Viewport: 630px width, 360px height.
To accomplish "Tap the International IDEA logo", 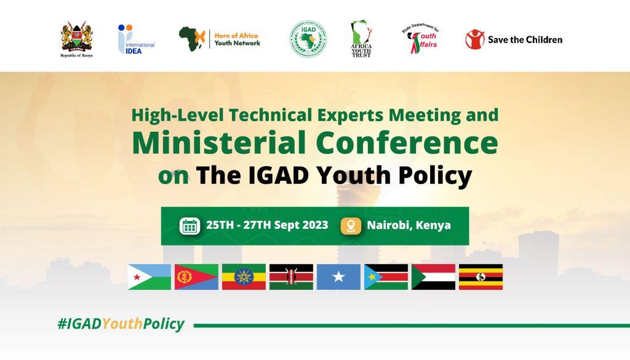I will point(135,39).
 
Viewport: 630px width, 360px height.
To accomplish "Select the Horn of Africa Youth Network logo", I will point(220,39).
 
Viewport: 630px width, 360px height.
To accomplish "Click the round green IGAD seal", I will point(308,39).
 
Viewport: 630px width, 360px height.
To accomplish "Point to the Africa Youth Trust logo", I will point(361,39).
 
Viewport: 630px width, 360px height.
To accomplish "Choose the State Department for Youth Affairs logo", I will point(421,39).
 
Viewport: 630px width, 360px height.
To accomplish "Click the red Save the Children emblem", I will point(474,39).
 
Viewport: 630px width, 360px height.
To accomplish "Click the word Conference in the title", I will point(407,143).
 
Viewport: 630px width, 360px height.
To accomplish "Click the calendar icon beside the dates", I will point(190,226).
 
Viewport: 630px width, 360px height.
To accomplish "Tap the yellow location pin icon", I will point(351,226).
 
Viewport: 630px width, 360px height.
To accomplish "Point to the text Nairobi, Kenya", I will point(409,225).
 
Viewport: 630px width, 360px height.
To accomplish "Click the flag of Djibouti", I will point(149,277).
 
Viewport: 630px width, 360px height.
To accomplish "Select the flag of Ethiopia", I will point(244,277).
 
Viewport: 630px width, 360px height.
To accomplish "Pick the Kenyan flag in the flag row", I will point(291,277).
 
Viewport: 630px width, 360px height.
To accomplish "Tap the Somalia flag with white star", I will point(338,277).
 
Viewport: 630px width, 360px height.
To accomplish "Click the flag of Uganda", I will point(480,277).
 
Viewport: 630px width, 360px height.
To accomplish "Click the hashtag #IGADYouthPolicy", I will point(121,325).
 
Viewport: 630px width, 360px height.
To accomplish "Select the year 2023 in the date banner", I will point(314,225).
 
